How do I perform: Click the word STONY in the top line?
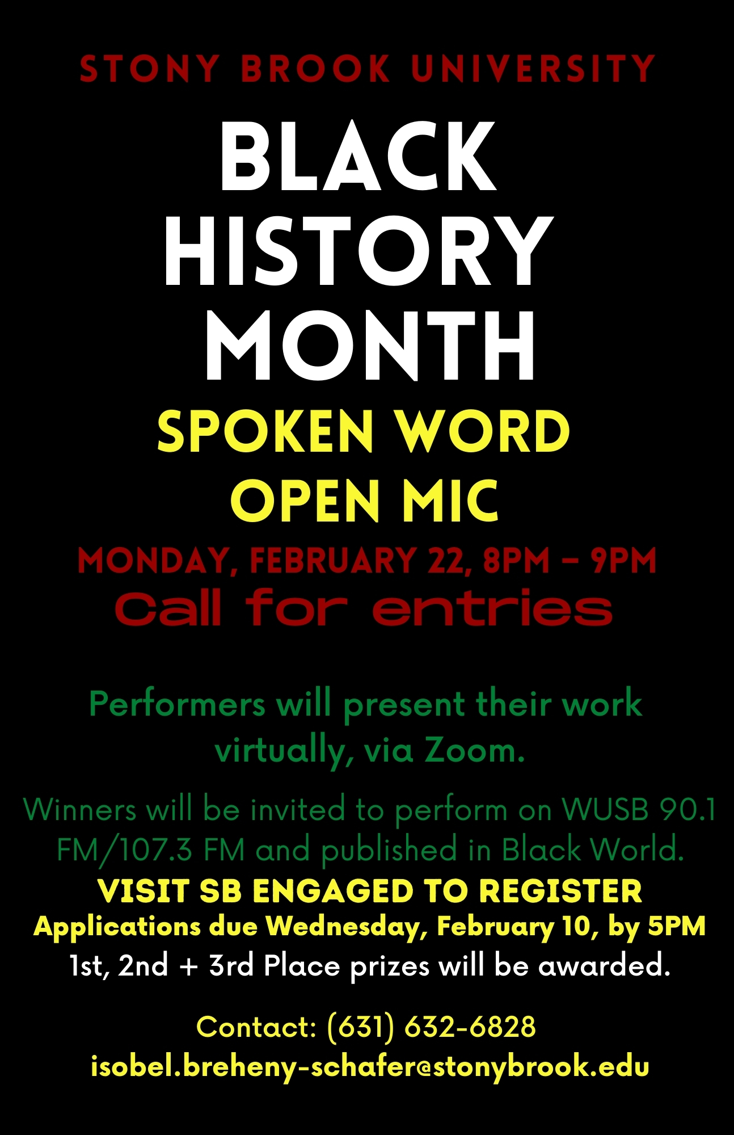pos(149,69)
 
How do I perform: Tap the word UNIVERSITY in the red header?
pos(533,69)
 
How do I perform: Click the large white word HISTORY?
pos(358,250)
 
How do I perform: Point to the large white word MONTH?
pos(370,345)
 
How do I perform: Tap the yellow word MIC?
pos(450,500)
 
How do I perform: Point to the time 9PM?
pos(623,561)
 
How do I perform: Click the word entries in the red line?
pos(492,608)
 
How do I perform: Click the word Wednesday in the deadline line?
pos(347,926)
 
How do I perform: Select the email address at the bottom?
pos(370,1066)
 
